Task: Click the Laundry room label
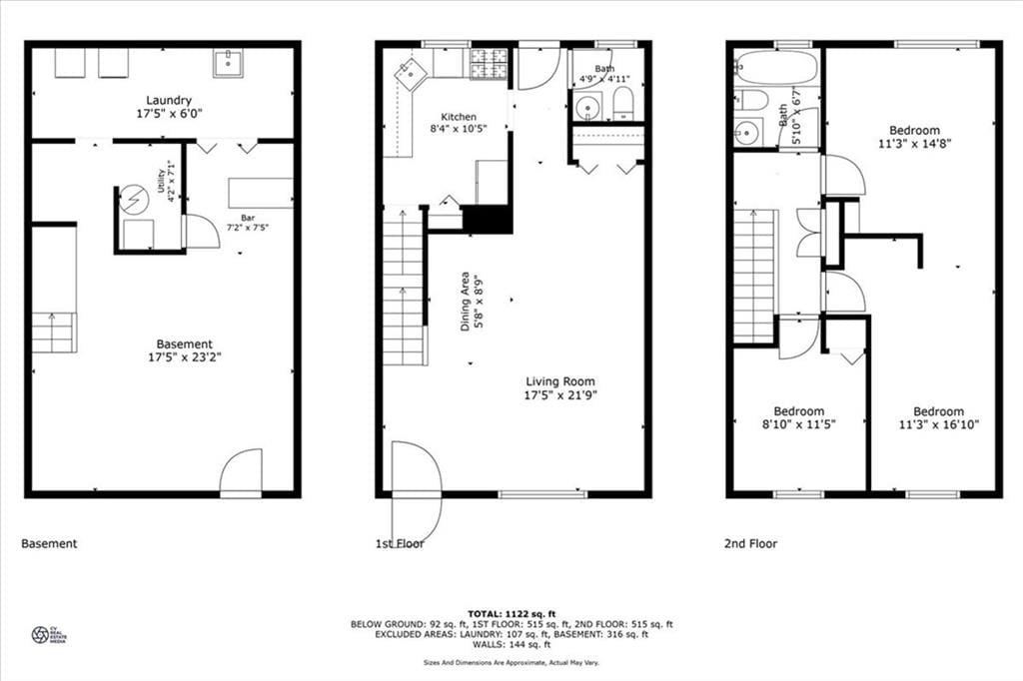[x=169, y=100]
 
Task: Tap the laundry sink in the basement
[x=227, y=63]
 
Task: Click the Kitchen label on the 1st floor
[x=453, y=117]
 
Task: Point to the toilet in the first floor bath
[x=622, y=101]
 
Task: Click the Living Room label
[x=560, y=381]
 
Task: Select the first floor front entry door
[x=416, y=489]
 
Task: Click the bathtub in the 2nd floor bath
[x=776, y=68]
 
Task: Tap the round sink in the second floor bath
[x=747, y=132]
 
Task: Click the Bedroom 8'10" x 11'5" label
[x=798, y=411]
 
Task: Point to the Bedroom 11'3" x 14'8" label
[x=914, y=130]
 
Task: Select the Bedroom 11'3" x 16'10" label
[x=938, y=411]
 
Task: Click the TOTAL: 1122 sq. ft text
[x=511, y=612]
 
